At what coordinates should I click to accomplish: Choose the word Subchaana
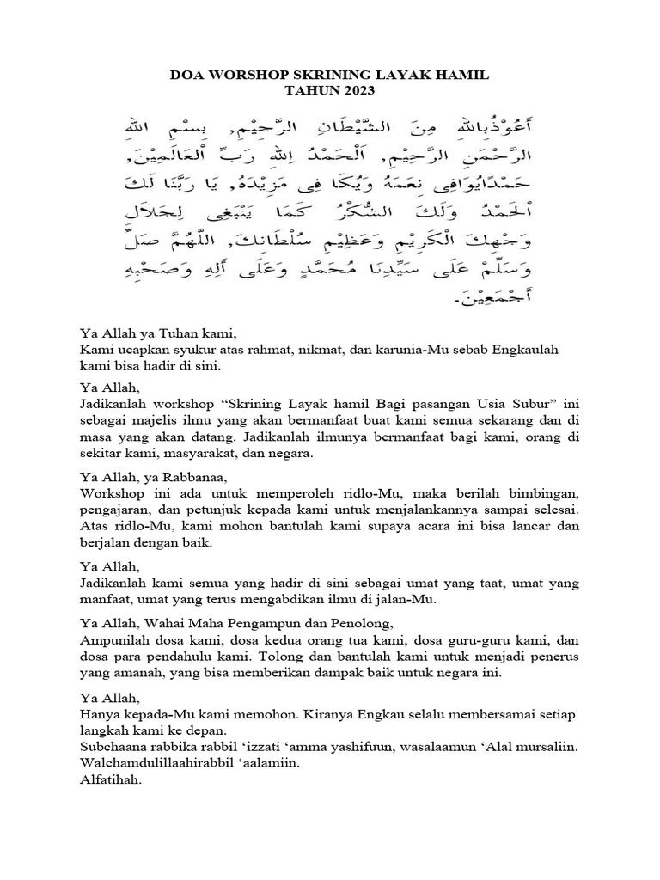114,749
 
